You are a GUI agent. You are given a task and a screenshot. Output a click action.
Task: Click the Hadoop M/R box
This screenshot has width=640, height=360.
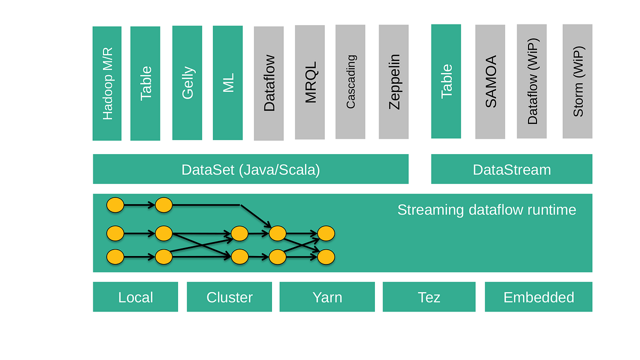click(x=107, y=83)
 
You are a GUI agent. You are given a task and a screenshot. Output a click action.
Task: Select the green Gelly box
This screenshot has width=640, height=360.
click(x=187, y=83)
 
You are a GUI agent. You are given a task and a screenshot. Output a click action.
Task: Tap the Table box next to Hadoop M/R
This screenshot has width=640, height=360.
click(x=145, y=83)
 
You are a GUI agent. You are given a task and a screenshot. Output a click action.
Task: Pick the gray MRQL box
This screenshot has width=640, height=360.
click(x=310, y=83)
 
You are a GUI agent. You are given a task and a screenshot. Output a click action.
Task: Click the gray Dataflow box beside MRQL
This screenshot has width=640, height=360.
click(x=269, y=83)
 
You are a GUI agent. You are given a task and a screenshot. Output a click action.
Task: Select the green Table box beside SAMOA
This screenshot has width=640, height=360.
click(x=446, y=81)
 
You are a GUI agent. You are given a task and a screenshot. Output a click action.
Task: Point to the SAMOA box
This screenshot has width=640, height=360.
click(x=490, y=81)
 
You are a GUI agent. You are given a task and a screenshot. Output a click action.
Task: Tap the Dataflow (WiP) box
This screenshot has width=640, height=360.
click(x=532, y=81)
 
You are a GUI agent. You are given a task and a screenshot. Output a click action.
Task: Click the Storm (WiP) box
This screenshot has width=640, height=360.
click(x=578, y=81)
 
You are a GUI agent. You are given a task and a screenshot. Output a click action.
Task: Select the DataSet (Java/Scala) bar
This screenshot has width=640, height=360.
click(x=251, y=169)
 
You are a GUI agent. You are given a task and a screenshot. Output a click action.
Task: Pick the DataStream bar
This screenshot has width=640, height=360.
click(x=511, y=169)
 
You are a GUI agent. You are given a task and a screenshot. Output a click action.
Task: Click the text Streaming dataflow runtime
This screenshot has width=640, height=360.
click(x=486, y=210)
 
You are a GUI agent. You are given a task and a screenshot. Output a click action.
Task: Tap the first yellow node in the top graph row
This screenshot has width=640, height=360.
click(x=115, y=205)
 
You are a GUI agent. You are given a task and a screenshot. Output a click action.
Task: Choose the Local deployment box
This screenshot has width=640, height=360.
click(x=135, y=297)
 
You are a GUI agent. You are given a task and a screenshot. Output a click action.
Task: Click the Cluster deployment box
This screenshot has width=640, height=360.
click(x=229, y=297)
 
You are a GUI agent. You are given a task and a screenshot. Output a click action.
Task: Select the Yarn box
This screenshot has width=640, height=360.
click(x=327, y=297)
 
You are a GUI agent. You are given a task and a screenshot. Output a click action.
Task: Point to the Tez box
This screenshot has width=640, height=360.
click(x=429, y=297)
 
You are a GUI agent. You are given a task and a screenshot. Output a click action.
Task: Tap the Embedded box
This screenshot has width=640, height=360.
click(x=539, y=297)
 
